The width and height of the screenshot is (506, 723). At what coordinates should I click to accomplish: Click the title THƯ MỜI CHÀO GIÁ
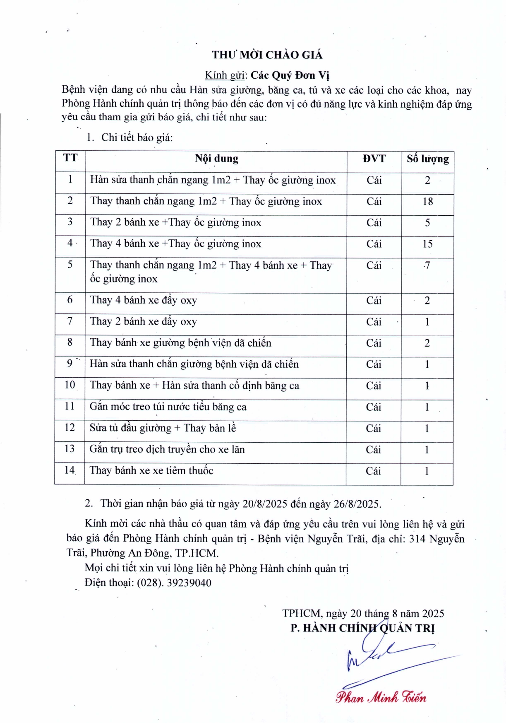point(267,55)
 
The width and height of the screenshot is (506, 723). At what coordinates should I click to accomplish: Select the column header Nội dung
point(216,159)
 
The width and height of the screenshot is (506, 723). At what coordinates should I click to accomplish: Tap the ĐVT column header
point(374,159)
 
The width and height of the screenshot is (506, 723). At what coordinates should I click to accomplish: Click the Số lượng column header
point(427,159)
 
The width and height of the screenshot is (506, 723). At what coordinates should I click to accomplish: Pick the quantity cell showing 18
point(427,202)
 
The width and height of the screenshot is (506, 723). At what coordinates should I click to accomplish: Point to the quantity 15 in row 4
point(427,244)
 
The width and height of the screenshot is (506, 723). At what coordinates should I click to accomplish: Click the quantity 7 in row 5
point(427,265)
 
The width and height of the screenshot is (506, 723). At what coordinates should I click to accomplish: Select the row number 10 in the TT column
point(70,385)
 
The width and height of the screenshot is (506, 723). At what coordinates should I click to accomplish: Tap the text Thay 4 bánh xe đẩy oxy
point(143,300)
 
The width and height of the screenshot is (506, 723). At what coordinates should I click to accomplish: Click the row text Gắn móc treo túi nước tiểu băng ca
point(168,407)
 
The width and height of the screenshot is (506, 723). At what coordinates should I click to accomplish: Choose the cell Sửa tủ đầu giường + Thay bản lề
point(163,428)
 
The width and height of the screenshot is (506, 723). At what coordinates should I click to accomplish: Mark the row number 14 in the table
point(70,470)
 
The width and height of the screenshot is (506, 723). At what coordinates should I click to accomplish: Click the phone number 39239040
point(189,583)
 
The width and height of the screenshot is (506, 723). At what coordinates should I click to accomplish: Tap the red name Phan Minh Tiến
point(381,697)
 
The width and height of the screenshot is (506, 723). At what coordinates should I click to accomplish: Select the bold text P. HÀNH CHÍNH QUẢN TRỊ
point(362,628)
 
